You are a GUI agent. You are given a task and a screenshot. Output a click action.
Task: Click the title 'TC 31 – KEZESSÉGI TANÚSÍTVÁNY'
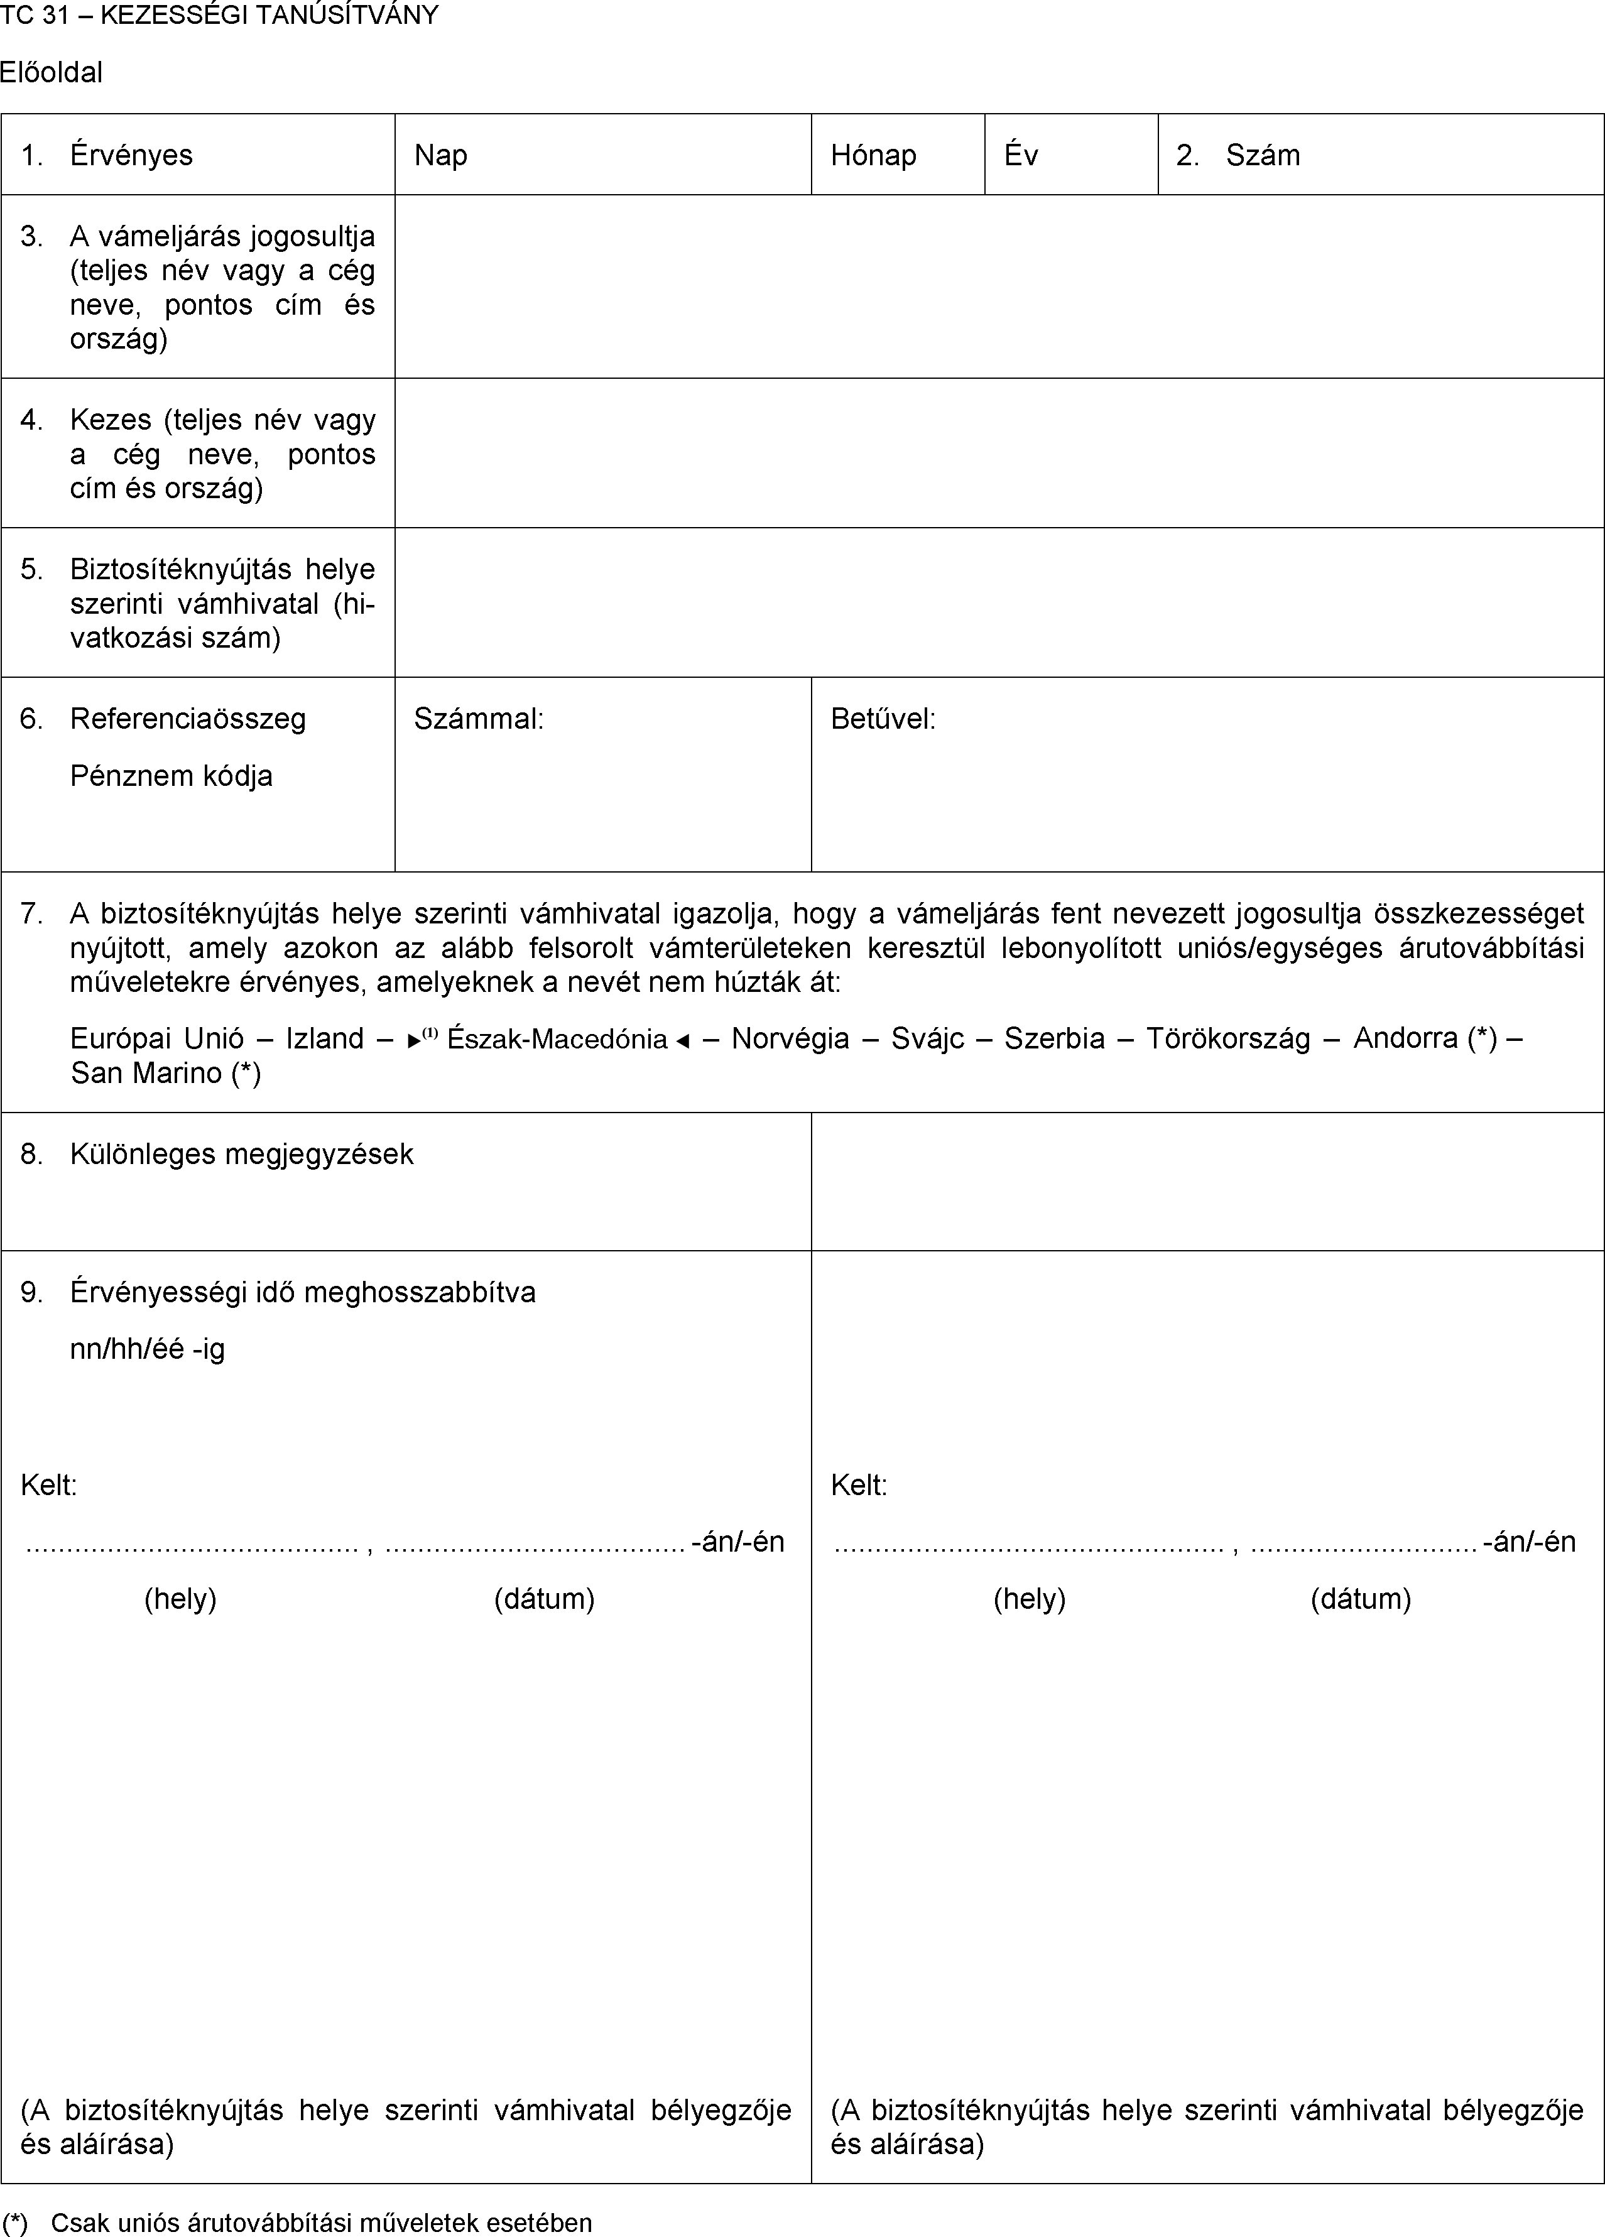(x=219, y=16)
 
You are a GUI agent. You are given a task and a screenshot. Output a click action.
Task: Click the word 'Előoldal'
(x=52, y=73)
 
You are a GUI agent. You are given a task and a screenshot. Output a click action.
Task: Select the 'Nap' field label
(x=440, y=156)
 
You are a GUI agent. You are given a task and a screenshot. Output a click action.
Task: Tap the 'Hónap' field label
(x=873, y=156)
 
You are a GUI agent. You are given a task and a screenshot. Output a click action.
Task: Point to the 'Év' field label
(x=1021, y=156)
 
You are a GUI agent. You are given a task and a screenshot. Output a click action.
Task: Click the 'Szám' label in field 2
(x=1263, y=156)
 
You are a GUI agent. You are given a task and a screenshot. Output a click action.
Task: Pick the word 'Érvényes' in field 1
(x=131, y=156)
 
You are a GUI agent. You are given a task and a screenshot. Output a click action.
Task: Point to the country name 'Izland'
(x=325, y=1038)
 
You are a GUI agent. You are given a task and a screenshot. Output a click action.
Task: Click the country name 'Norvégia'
(x=790, y=1038)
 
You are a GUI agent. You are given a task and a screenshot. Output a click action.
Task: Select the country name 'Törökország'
(x=1228, y=1038)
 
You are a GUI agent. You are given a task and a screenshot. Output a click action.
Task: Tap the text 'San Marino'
(x=146, y=1073)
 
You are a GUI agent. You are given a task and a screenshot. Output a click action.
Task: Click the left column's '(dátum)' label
(x=543, y=1599)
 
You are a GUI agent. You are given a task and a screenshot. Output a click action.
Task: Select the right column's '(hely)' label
(x=1029, y=1599)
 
